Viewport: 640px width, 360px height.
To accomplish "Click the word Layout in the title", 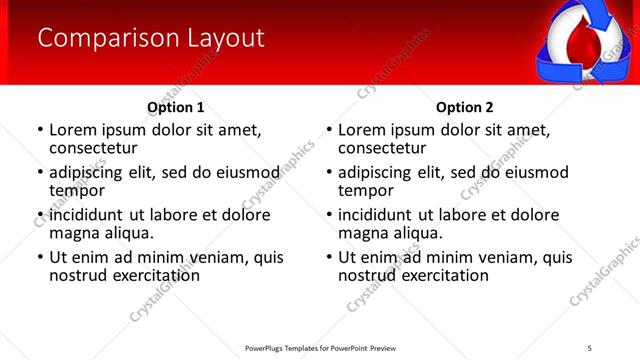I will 226,38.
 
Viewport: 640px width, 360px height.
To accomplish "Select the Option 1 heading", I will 176,107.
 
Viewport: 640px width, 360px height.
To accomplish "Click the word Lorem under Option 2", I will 364,130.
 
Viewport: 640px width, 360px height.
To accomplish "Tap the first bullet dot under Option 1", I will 39,131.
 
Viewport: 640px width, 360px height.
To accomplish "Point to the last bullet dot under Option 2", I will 328,258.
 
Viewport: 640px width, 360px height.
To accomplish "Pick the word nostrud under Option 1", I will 79,275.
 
